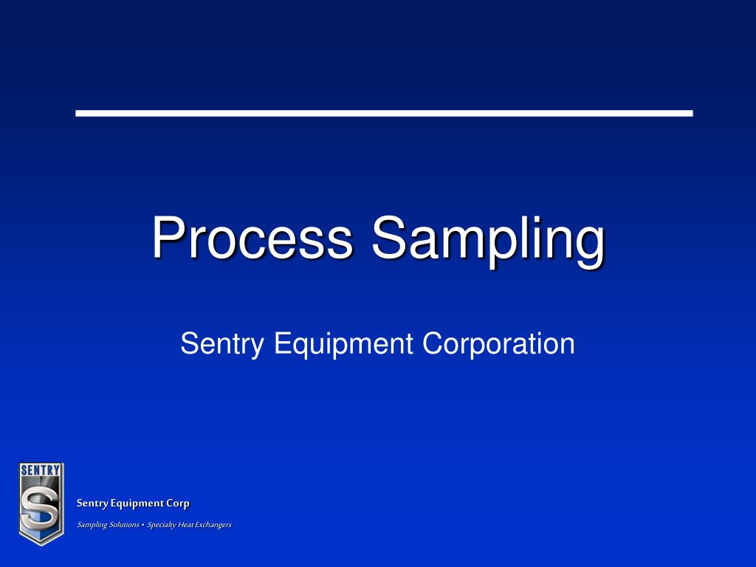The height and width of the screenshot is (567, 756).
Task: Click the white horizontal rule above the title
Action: point(384,113)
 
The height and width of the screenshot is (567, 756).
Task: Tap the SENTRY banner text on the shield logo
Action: point(41,470)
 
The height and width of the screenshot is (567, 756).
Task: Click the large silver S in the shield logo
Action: point(41,506)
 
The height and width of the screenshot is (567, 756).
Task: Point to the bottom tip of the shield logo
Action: point(41,543)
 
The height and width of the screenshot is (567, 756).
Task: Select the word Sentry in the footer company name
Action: point(92,504)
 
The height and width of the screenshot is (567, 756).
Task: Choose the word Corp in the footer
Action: point(178,504)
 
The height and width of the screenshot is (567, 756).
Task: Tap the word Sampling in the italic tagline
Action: point(92,525)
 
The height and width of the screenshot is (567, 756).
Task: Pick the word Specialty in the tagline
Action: point(161,525)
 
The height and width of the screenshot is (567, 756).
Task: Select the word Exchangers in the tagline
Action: point(213,525)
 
